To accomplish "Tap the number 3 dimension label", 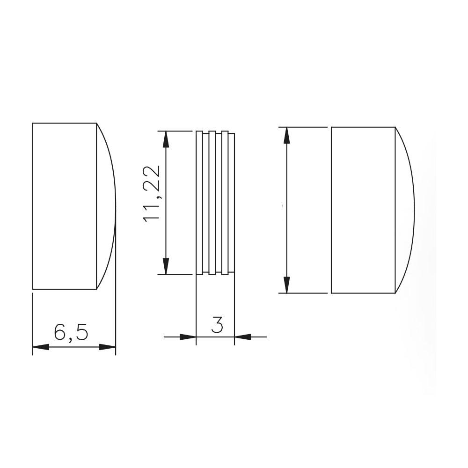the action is [217, 325].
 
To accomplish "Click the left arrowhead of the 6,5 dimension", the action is [41, 347].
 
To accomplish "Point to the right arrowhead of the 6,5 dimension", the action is [107, 347].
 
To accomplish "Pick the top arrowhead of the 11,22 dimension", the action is [166, 139].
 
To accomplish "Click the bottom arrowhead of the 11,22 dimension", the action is [166, 266].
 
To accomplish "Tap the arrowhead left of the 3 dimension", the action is [188, 337].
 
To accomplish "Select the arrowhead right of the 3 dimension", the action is [242, 337].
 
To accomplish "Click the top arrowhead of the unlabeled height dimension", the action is [286, 136].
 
